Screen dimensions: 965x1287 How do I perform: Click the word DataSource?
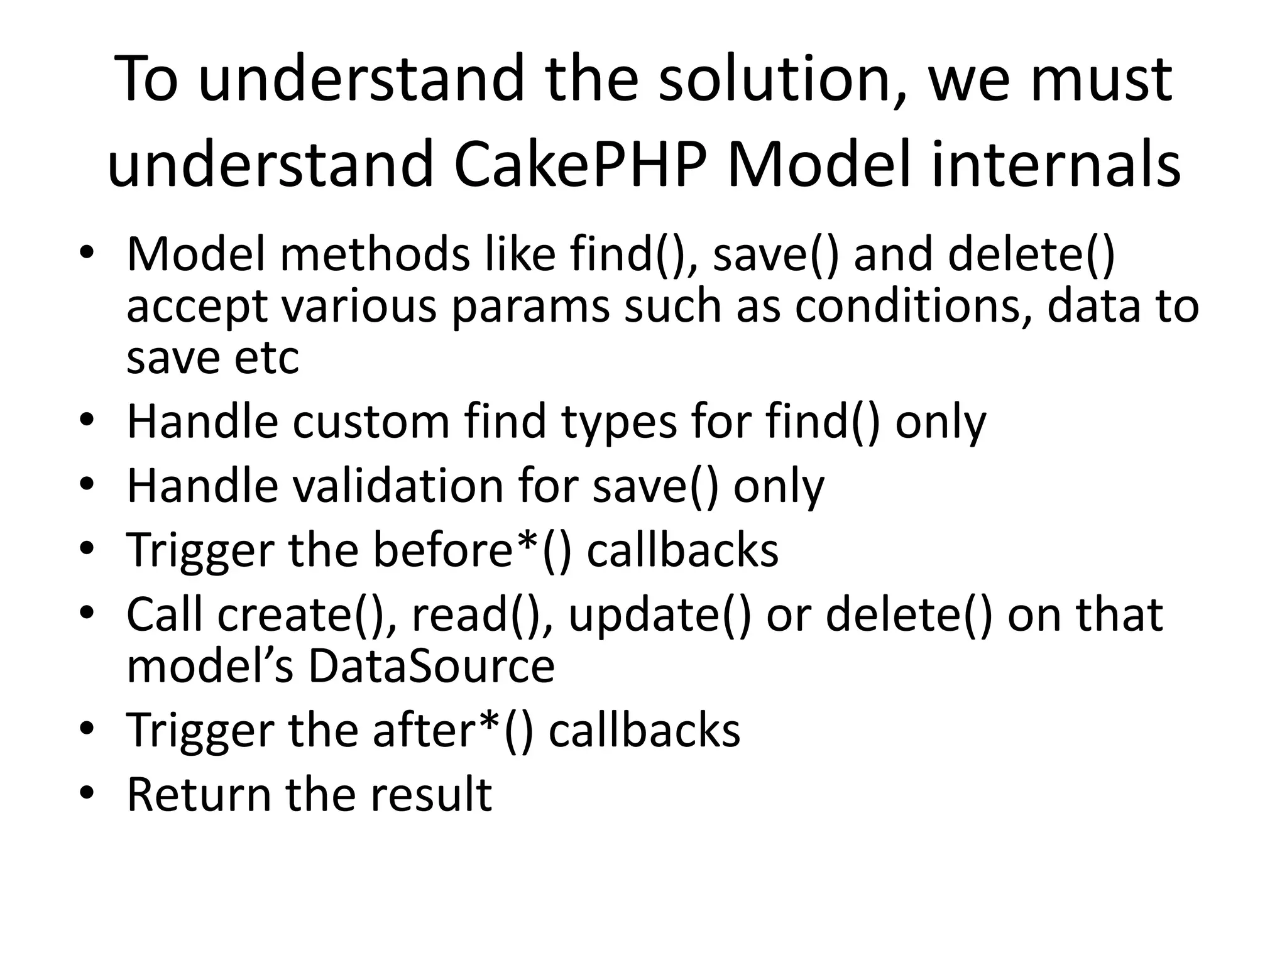[431, 666]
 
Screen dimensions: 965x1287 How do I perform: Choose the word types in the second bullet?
[620, 423]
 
